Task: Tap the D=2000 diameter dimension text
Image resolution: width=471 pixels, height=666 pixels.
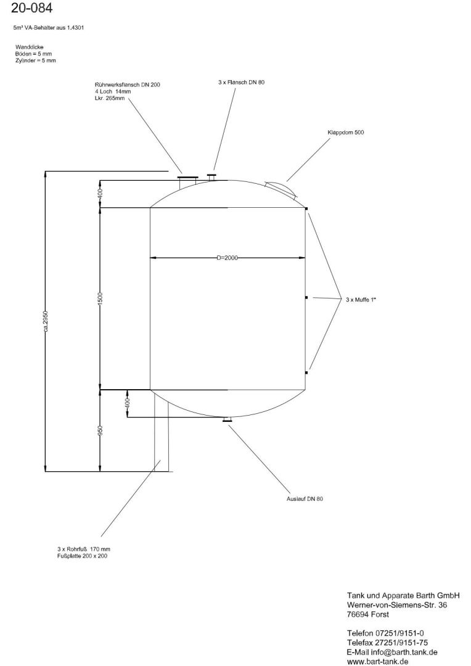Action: (x=227, y=258)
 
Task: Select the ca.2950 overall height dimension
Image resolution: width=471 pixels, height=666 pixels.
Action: (x=46, y=322)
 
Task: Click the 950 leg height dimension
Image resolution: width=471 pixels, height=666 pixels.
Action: (x=100, y=430)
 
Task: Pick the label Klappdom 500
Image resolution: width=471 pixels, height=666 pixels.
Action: (x=346, y=133)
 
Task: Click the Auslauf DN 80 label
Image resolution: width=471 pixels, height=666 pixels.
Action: (x=305, y=499)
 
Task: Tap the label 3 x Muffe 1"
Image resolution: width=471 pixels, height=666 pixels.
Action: (x=361, y=300)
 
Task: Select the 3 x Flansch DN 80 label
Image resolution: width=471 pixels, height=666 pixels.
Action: (x=241, y=83)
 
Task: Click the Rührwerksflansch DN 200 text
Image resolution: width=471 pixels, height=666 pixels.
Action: (x=128, y=85)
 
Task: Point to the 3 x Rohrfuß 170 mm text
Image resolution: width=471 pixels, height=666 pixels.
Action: (x=84, y=549)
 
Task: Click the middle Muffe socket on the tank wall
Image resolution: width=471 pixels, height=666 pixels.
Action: (x=306, y=298)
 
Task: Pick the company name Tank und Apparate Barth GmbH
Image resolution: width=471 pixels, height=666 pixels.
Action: (x=403, y=596)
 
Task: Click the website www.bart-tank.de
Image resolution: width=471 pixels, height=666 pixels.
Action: (x=377, y=661)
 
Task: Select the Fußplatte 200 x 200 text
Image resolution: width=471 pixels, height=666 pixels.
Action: (x=83, y=556)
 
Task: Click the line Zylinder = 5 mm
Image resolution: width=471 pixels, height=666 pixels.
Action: (x=36, y=60)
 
